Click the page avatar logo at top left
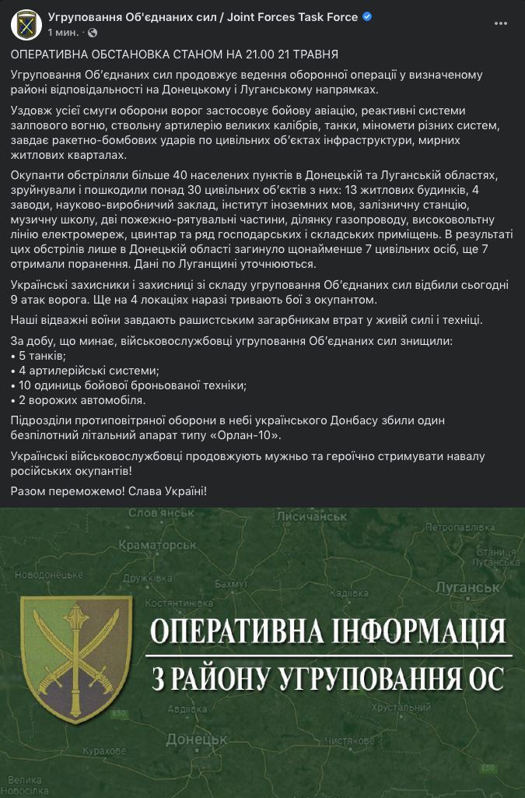pos(26,24)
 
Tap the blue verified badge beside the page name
pos(367,17)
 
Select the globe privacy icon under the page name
pos(93,33)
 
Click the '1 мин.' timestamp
pos(63,33)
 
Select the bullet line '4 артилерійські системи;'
pos(85,371)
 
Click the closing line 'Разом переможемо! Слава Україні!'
pos(110,491)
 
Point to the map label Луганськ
pos(462,588)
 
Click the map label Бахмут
pos(231,583)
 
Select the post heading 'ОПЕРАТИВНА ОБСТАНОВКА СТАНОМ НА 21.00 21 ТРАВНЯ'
pos(174,54)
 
